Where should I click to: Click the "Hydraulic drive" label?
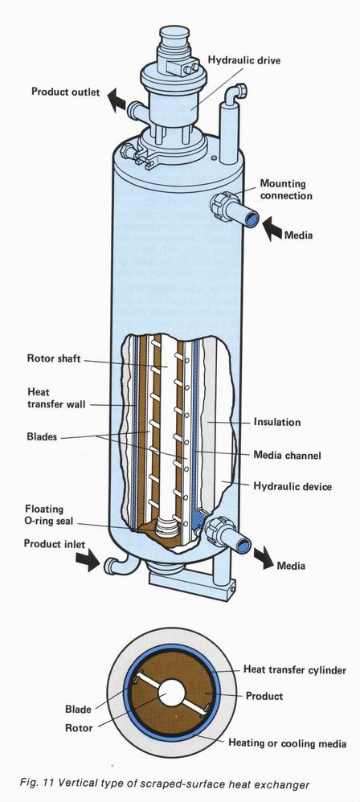[x=244, y=60]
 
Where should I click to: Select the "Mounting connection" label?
[x=286, y=190]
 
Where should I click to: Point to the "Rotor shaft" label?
[x=54, y=358]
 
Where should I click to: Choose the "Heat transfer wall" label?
[x=56, y=398]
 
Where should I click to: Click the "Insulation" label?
[x=277, y=422]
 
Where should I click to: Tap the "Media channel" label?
[x=288, y=455]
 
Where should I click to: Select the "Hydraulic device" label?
[x=292, y=486]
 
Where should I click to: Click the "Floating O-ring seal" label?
[x=49, y=515]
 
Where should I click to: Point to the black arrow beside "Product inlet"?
[x=88, y=560]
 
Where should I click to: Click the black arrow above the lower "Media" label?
[x=264, y=558]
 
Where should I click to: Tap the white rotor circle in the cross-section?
[x=171, y=693]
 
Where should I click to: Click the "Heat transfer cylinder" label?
[x=295, y=669]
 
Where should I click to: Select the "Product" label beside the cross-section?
[x=264, y=696]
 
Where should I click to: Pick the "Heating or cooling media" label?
[x=287, y=743]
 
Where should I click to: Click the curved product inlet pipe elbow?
[x=117, y=564]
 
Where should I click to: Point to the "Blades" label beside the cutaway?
[x=42, y=437]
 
